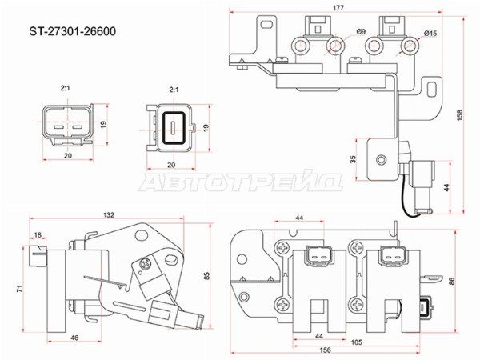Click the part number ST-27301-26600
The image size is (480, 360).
pyautogui.click(x=73, y=31)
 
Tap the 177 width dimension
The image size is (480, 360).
pyautogui.click(x=338, y=8)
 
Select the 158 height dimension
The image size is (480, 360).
pyautogui.click(x=460, y=115)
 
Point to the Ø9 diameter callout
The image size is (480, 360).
pyautogui.click(x=361, y=31)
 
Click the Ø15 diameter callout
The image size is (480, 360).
pyautogui.click(x=430, y=34)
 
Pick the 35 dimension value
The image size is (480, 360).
pyautogui.click(x=353, y=159)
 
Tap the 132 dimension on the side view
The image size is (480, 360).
pyautogui.click(x=108, y=215)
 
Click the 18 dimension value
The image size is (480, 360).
pyautogui.click(x=38, y=235)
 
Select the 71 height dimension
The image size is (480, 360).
pyautogui.click(x=19, y=289)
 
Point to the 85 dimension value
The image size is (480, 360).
pyautogui.click(x=207, y=275)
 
